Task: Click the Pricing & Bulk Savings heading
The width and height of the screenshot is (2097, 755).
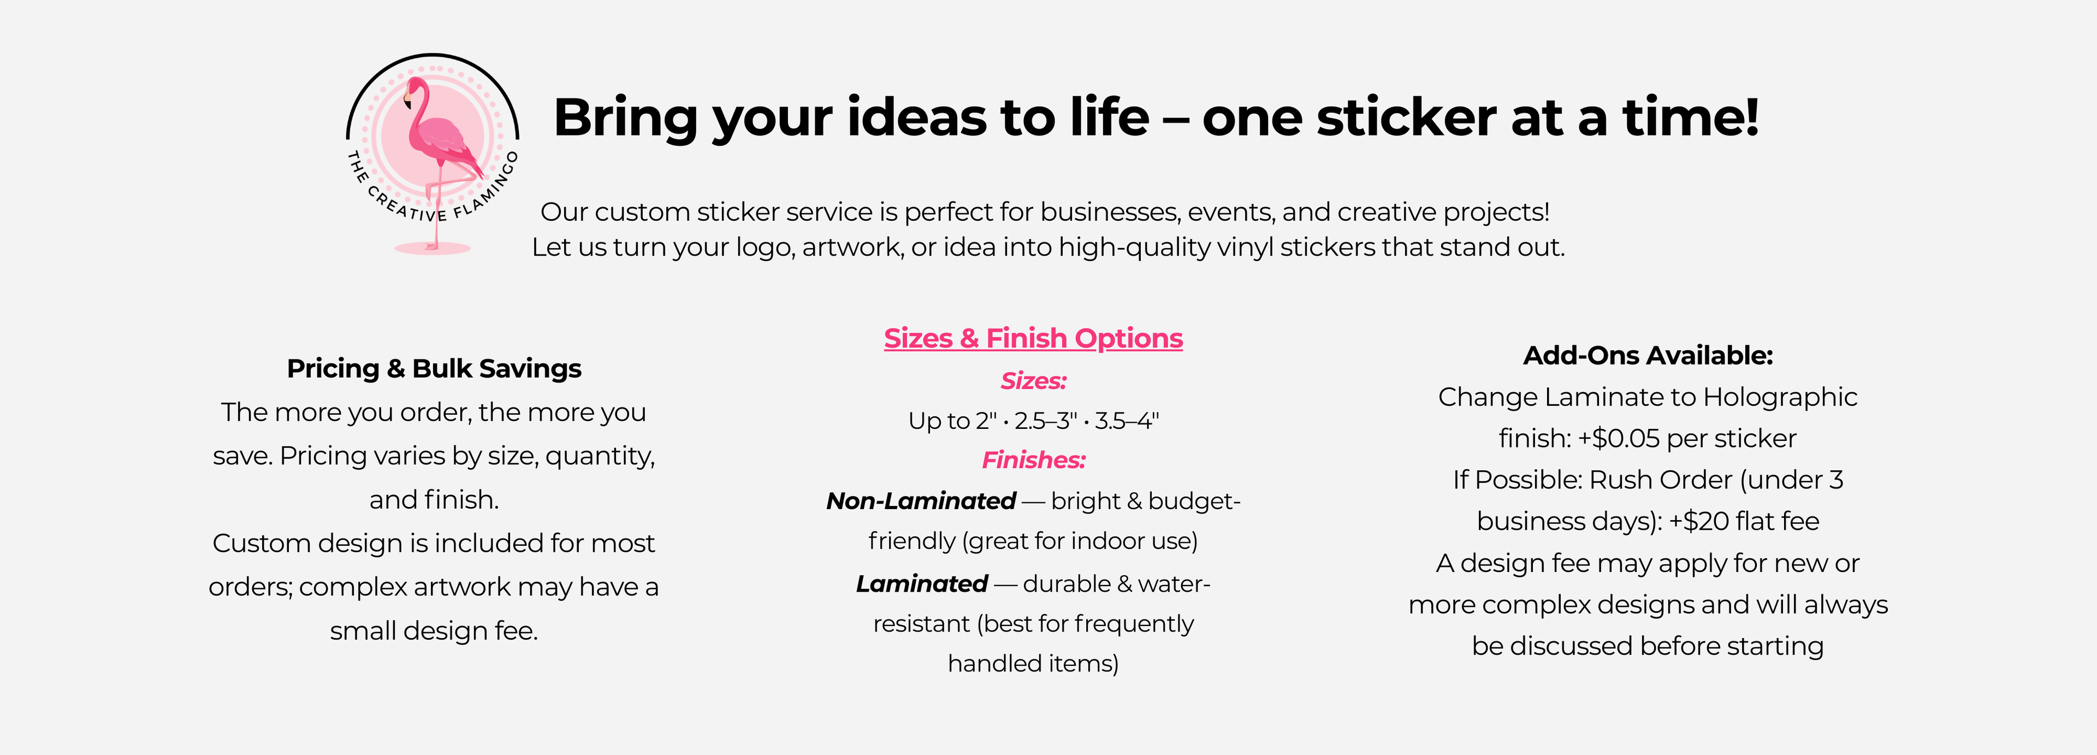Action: point(434,368)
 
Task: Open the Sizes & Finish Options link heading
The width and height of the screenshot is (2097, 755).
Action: point(1033,338)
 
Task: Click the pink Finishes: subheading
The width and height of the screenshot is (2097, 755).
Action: point(1033,460)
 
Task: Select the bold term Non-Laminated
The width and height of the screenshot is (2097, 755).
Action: point(921,501)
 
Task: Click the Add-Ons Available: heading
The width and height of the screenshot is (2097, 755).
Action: point(1648,355)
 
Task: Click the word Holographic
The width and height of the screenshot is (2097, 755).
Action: point(1780,398)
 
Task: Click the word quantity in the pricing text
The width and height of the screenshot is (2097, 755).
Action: point(600,456)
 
